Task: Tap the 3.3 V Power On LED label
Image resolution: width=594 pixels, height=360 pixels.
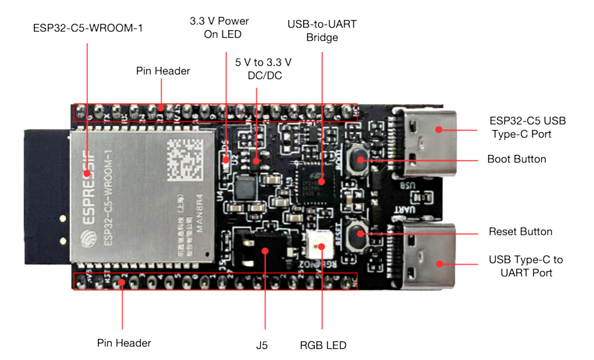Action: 219,27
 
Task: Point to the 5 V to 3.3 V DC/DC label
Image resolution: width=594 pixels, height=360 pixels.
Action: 263,69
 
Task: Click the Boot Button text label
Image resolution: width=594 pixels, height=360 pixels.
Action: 516,159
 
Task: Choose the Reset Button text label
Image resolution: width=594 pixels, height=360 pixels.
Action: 520,232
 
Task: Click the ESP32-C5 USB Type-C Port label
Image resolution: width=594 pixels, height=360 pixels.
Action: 527,127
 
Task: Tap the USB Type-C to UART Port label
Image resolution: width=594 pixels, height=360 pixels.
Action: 526,266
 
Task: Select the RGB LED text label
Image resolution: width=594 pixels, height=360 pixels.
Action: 323,345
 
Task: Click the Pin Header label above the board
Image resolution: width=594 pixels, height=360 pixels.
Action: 163,71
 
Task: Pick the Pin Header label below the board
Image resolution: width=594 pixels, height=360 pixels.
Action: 124,343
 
